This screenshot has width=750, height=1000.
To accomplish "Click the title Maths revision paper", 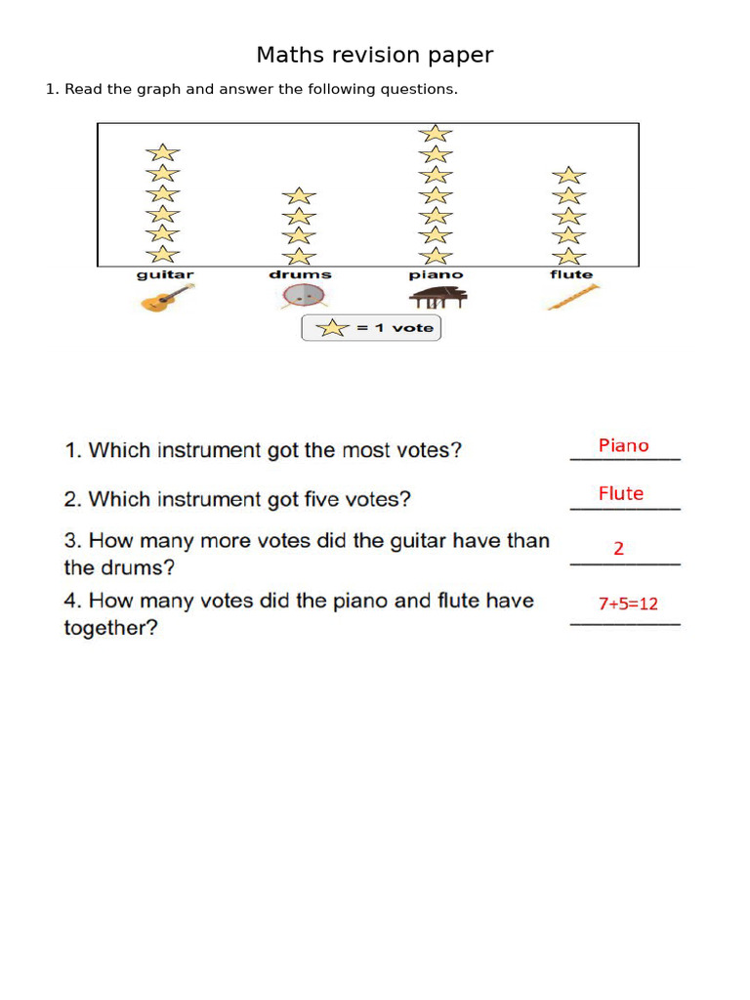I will pyautogui.click(x=375, y=56).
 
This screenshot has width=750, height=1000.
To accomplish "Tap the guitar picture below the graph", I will pyautogui.click(x=167, y=298).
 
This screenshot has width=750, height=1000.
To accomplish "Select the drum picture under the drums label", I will pyautogui.click(x=300, y=297).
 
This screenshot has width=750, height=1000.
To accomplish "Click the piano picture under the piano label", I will pyautogui.click(x=436, y=297).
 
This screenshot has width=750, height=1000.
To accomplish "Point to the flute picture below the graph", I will pyautogui.click(x=572, y=297).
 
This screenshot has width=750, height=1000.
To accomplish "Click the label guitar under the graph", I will pyautogui.click(x=165, y=275).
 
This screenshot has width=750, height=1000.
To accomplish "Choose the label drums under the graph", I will pyautogui.click(x=300, y=275).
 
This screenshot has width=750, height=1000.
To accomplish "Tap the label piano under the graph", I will pyautogui.click(x=436, y=275).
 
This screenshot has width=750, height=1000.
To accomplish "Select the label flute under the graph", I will pyautogui.click(x=571, y=275).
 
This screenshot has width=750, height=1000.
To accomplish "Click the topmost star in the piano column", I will pyautogui.click(x=436, y=133).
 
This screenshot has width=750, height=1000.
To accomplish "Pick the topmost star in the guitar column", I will pyautogui.click(x=163, y=152).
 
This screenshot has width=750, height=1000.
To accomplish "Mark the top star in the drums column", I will pyautogui.click(x=300, y=195).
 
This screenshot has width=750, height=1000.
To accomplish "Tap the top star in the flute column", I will pyautogui.click(x=568, y=176).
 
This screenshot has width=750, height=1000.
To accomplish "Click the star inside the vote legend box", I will pyautogui.click(x=334, y=328).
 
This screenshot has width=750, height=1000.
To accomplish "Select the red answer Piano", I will pyautogui.click(x=623, y=446).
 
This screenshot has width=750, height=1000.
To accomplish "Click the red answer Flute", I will pyautogui.click(x=621, y=494).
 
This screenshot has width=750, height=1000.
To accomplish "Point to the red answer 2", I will pyautogui.click(x=618, y=549).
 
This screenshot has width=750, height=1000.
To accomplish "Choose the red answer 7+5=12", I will pyautogui.click(x=628, y=604).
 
